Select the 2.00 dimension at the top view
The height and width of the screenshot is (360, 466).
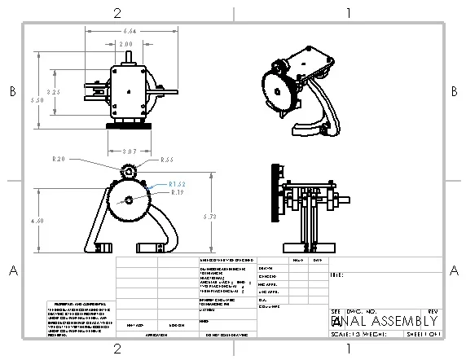[126, 43]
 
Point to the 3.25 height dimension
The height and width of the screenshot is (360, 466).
[53, 92]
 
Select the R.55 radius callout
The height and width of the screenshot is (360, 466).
[167, 160]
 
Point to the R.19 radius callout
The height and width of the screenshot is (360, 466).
[176, 192]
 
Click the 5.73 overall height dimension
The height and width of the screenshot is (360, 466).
[209, 217]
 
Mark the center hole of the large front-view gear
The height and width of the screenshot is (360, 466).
[128, 200]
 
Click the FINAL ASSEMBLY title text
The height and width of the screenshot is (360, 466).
[386, 321]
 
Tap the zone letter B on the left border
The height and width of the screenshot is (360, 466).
[11, 92]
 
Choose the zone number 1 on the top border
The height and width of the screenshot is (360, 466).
[348, 12]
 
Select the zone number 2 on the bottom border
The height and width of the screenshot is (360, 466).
[117, 349]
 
